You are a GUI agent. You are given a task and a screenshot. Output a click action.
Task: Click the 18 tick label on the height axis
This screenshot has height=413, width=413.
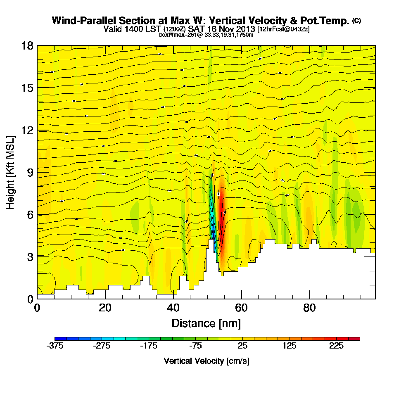click(28, 45)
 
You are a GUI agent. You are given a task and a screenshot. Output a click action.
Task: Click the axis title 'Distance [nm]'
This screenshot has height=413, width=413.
click(206, 323)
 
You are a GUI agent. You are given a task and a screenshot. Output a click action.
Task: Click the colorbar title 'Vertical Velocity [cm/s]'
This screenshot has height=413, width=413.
click(206, 361)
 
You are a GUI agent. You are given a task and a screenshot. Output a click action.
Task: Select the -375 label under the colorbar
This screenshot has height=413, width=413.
click(55, 346)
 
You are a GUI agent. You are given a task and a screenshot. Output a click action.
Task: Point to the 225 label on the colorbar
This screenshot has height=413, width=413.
click(336, 346)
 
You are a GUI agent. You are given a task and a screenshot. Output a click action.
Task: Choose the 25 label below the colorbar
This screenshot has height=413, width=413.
click(242, 346)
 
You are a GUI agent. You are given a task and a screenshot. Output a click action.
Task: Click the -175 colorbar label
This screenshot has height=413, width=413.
click(149, 346)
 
